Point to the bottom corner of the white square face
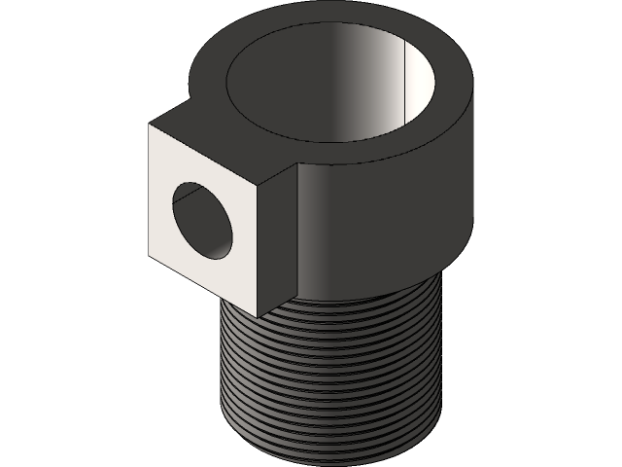point(258,316)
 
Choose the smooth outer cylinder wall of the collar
point(389,224)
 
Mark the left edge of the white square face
point(150,195)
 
